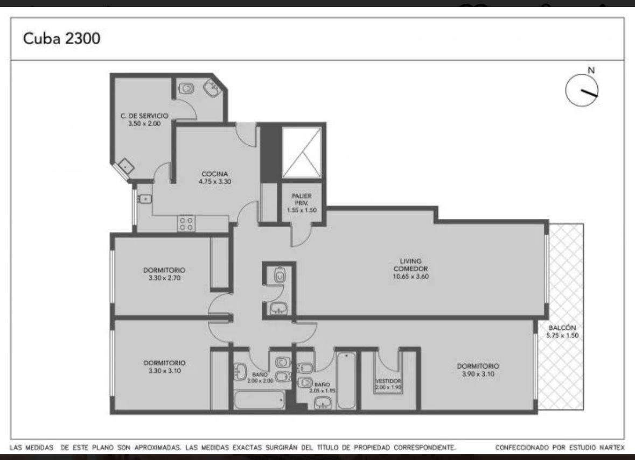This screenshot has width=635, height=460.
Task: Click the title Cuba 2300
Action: (61, 38)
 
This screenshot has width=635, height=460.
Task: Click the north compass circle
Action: (582, 90)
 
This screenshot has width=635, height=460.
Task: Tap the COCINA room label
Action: (215, 174)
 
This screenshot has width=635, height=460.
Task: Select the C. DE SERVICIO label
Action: (144, 116)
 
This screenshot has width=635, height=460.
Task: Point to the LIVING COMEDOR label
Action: (410, 265)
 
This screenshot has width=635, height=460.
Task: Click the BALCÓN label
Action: (562, 328)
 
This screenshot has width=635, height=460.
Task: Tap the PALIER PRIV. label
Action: (302, 200)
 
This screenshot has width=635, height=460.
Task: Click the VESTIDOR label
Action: (388, 381)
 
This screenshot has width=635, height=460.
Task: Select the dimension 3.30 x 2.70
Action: (164, 278)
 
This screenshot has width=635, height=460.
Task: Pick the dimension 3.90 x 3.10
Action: (478, 374)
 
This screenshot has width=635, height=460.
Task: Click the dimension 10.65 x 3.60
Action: (410, 277)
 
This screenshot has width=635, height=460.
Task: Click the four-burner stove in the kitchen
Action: (186, 223)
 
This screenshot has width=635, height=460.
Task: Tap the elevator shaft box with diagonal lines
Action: (302, 152)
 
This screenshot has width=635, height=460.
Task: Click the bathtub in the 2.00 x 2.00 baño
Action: (260, 400)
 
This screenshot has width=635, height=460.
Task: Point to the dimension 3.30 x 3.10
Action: (164, 371)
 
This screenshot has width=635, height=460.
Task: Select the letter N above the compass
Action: (591, 70)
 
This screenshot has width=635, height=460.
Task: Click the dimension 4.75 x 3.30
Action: (215, 182)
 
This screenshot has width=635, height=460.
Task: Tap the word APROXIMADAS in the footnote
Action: (157, 448)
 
